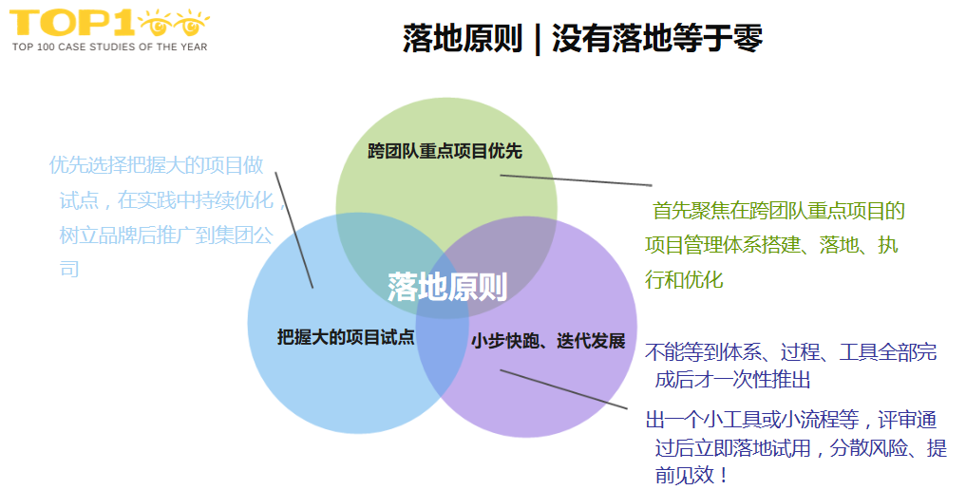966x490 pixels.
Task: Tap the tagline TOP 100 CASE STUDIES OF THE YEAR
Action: pyautogui.click(x=108, y=47)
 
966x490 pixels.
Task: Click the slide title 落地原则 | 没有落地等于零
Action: pyautogui.click(x=582, y=39)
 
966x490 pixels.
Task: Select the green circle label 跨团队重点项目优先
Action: pyautogui.click(x=445, y=151)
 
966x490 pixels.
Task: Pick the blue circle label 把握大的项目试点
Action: pyautogui.click(x=346, y=337)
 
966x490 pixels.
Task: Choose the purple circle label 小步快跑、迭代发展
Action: pyautogui.click(x=548, y=341)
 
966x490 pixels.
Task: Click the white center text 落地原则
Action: pyautogui.click(x=446, y=287)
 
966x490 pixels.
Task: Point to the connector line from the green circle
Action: pyautogui.click(x=576, y=179)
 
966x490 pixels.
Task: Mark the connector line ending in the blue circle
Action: pyautogui.click(x=294, y=229)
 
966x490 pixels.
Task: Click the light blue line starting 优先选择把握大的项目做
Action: pyautogui.click(x=157, y=165)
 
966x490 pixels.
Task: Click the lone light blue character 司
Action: pyautogui.click(x=69, y=269)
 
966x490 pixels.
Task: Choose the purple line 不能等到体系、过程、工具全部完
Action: pyautogui.click(x=790, y=352)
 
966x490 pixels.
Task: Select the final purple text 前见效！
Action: pyautogui.click(x=692, y=475)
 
